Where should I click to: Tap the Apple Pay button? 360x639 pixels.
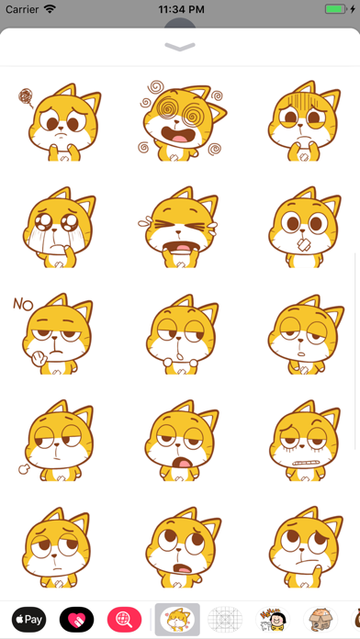29,620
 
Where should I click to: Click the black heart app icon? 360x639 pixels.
76,620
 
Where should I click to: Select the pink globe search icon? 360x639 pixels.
124,620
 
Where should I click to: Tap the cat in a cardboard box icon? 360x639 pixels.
321,620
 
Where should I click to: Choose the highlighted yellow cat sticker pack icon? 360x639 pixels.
177,620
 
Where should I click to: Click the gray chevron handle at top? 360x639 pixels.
180,47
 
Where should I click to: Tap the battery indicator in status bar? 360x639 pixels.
335,9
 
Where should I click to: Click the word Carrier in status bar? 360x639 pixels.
22,9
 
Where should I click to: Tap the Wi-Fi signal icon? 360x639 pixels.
50,9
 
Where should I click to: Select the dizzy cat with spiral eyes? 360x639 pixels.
182,120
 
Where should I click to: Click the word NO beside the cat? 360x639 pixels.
23,304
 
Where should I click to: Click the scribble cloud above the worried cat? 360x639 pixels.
26,98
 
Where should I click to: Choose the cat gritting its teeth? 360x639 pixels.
305,441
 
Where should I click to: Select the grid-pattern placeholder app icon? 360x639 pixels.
225,620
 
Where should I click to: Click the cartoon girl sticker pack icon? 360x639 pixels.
273,620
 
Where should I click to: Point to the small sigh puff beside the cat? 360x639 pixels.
24,468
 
